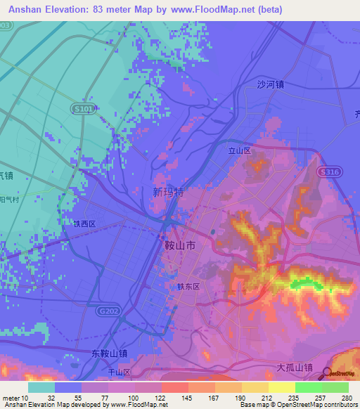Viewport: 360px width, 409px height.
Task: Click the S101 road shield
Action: click(83, 110)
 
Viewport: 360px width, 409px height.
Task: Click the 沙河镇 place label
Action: click(270, 84)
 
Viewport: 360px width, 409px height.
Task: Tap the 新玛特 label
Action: click(168, 191)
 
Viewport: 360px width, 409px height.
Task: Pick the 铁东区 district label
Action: click(189, 287)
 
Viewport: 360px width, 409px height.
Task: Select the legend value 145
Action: click(188, 398)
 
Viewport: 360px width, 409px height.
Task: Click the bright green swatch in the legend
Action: click(308, 387)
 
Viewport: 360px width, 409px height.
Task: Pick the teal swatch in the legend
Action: click(41, 387)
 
